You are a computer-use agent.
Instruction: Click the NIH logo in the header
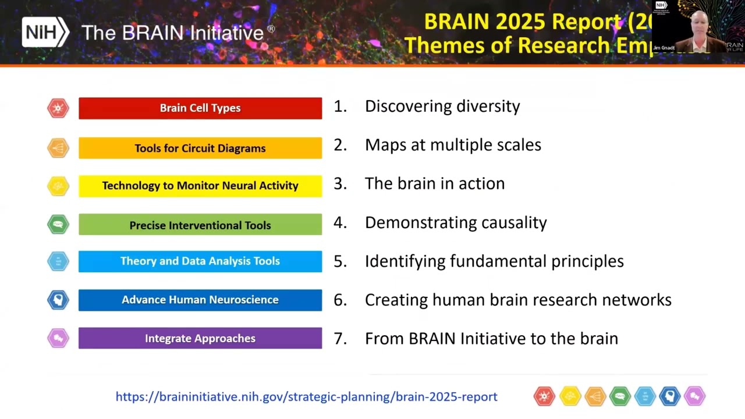[45, 32]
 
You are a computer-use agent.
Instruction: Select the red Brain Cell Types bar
[200, 108]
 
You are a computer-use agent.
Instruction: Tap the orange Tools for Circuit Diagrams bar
[200, 148]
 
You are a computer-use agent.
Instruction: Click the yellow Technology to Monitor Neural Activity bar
[200, 186]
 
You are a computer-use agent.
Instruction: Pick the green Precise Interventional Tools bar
[200, 225]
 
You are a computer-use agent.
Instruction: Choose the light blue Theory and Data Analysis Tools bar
[200, 261]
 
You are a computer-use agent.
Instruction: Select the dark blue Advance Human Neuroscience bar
[200, 300]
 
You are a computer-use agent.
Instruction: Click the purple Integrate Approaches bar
[200, 338]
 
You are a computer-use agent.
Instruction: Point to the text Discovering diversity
[442, 106]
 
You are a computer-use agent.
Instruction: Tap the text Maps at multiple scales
[453, 145]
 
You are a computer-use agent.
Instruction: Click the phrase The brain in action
[435, 183]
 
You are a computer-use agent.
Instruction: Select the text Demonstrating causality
[456, 222]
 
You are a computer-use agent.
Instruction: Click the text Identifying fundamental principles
[494, 261]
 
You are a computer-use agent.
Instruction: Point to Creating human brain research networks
[518, 300]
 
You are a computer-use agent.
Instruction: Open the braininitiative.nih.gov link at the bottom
[306, 397]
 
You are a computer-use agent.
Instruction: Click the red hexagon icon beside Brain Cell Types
[58, 108]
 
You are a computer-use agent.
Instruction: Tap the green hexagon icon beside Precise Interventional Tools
[58, 224]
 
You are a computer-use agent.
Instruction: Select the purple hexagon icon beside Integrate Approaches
[58, 338]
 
